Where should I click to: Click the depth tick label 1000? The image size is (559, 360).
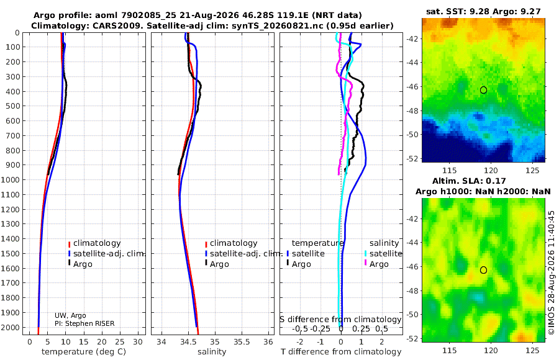(x=10, y=179)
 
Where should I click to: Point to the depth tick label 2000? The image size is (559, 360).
(x=10, y=327)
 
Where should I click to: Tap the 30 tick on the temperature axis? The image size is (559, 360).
(x=138, y=342)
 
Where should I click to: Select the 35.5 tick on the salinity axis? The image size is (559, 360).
(x=242, y=342)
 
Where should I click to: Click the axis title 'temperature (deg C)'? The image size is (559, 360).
(x=84, y=352)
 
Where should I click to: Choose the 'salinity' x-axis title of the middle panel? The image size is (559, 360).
(x=212, y=352)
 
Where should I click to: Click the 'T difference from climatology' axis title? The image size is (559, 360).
(x=341, y=352)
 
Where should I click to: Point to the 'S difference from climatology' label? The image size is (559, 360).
(x=340, y=320)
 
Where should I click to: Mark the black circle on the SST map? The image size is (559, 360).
(x=483, y=90)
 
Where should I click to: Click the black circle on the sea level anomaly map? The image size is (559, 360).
(x=483, y=270)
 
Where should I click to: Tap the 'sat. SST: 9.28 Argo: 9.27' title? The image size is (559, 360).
(x=483, y=12)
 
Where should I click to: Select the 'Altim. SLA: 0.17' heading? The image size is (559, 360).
(x=469, y=181)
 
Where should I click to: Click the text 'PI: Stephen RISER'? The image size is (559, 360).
(x=84, y=323)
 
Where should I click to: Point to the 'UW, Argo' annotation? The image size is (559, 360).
(x=70, y=315)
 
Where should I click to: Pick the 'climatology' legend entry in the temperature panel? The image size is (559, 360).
(x=94, y=243)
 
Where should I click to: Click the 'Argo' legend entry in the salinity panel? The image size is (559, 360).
(x=216, y=264)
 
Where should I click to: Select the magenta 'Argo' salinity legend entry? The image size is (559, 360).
(x=376, y=264)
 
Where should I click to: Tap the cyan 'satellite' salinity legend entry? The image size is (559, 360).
(x=383, y=254)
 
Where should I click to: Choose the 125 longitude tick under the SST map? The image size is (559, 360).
(x=533, y=171)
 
